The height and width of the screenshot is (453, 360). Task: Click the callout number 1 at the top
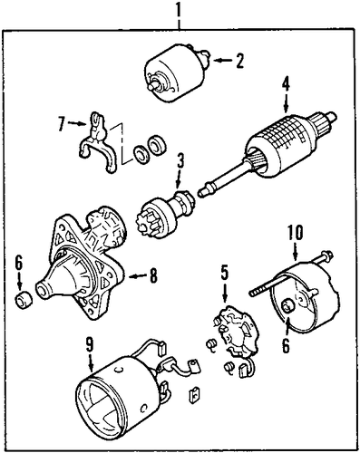pyautogui.click(x=180, y=13)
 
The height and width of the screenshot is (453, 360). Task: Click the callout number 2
pyautogui.click(x=239, y=61)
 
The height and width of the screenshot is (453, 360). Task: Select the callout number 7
pyautogui.click(x=62, y=124)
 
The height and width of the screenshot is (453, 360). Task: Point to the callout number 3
pyautogui.click(x=180, y=162)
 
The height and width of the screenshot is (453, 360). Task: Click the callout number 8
pyautogui.click(x=153, y=275)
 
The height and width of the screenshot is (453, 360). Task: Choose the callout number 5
pyautogui.click(x=224, y=273)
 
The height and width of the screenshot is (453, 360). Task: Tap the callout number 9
pyautogui.click(x=90, y=345)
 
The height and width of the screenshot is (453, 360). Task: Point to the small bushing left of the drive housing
pyautogui.click(x=24, y=300)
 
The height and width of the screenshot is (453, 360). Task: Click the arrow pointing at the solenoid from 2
pyautogui.click(x=222, y=61)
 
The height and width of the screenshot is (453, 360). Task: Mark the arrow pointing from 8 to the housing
pyautogui.click(x=138, y=275)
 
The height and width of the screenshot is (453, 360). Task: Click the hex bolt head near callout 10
pyautogui.click(x=327, y=255)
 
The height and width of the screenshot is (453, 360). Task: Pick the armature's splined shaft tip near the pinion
pyautogui.click(x=201, y=192)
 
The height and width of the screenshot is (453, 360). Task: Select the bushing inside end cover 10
pyautogui.click(x=287, y=307)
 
